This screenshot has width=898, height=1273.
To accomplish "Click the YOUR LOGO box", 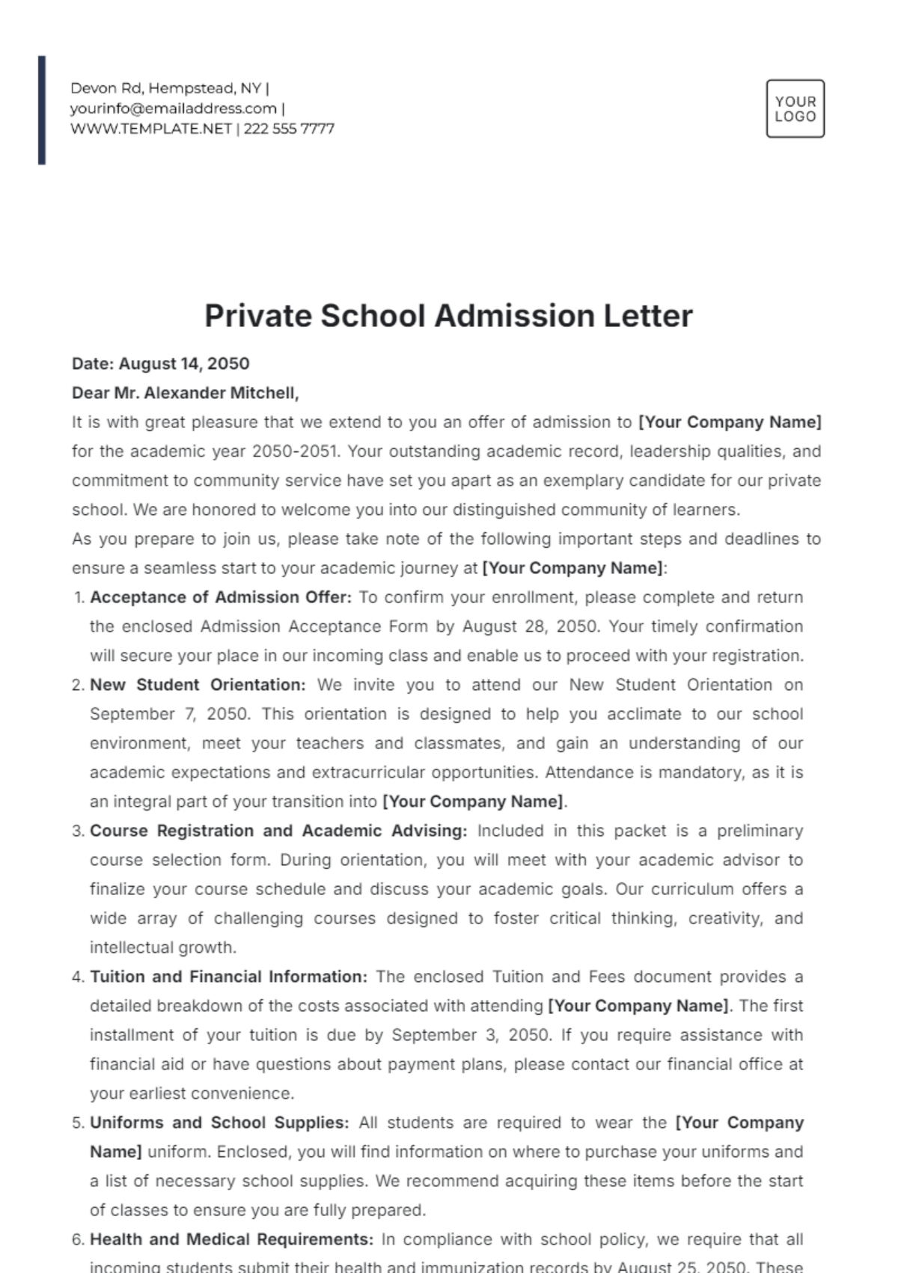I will [x=795, y=109].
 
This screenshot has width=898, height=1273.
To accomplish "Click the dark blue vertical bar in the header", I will [x=42, y=110].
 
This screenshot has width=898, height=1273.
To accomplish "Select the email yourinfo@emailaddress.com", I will [x=174, y=109].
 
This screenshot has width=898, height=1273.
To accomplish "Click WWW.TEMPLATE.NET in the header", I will [x=151, y=129].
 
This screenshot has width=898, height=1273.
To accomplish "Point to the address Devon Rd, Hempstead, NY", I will [x=165, y=88].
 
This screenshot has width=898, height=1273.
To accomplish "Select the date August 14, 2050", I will [x=184, y=364].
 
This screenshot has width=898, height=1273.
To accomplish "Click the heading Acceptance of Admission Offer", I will [x=220, y=597].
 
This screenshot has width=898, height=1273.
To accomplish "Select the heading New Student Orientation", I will [x=198, y=685].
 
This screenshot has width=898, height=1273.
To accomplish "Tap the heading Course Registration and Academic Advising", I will [x=278, y=831].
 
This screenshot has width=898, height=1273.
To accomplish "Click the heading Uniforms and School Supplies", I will [x=219, y=1123].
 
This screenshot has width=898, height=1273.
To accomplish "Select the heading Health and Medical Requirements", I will [x=231, y=1239].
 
